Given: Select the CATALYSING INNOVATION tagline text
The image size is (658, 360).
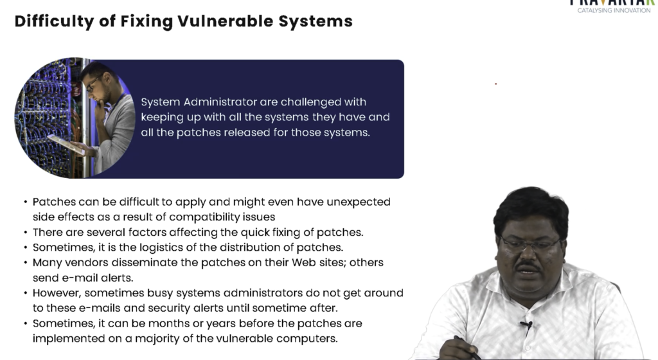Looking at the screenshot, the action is tap(614, 10).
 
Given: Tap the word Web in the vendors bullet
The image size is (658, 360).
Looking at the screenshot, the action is tap(304, 263).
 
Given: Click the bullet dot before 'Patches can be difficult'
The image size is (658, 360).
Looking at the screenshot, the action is tap(26, 203).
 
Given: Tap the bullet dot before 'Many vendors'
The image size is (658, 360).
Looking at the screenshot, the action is tap(26, 263).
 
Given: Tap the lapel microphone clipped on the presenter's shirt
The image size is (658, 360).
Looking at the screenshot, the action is tap(527, 325).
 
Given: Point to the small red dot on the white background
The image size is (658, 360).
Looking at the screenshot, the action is tap(495, 84).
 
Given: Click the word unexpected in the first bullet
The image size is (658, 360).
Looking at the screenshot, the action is tap(359, 203).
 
